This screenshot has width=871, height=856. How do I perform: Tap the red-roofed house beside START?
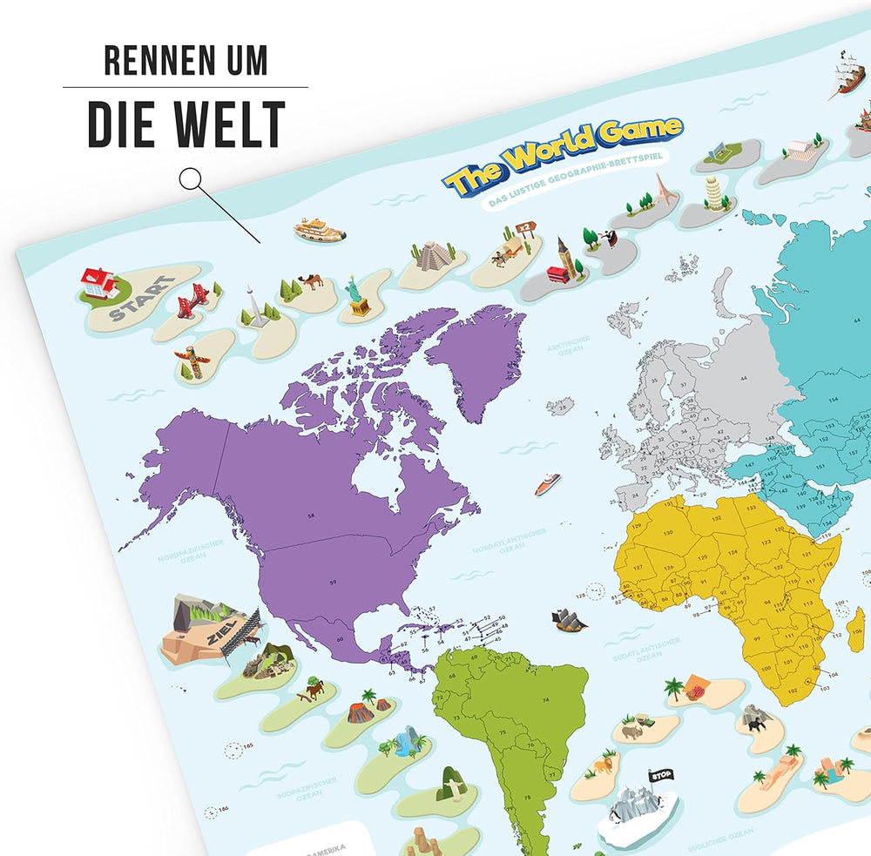pyautogui.click(x=97, y=282)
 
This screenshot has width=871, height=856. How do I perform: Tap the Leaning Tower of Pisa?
pyautogui.click(x=714, y=193)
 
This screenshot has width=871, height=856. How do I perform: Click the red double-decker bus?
pyautogui.click(x=557, y=274)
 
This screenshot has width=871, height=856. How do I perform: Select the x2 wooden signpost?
pyautogui.click(x=524, y=228)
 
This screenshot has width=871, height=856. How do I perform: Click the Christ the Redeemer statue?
pyautogui.click(x=448, y=781)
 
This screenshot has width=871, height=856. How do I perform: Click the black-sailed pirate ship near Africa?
pyautogui.click(x=568, y=620)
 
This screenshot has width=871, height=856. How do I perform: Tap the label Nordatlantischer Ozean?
pyautogui.click(x=510, y=540)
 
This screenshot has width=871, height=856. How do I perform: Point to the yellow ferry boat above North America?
pyautogui.click(x=319, y=230)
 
